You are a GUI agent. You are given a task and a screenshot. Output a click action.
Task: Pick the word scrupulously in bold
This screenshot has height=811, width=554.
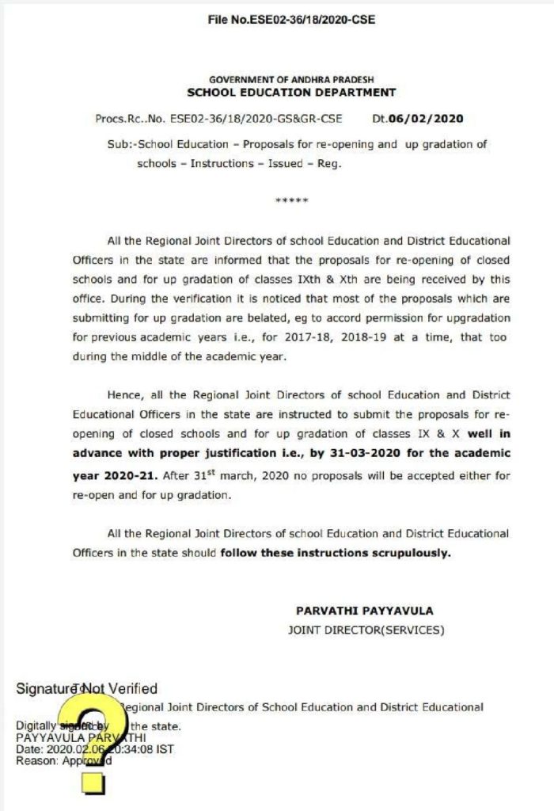[412, 554]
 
